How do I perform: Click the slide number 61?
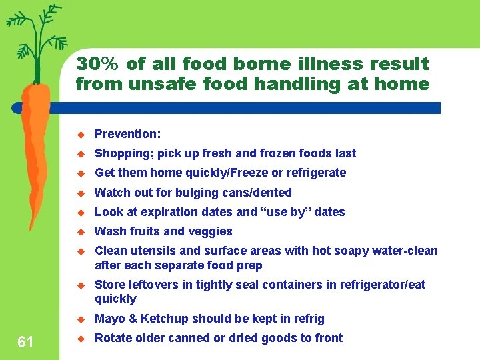25,343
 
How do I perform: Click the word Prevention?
127,134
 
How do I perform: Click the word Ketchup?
155,319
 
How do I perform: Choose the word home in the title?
403,84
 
